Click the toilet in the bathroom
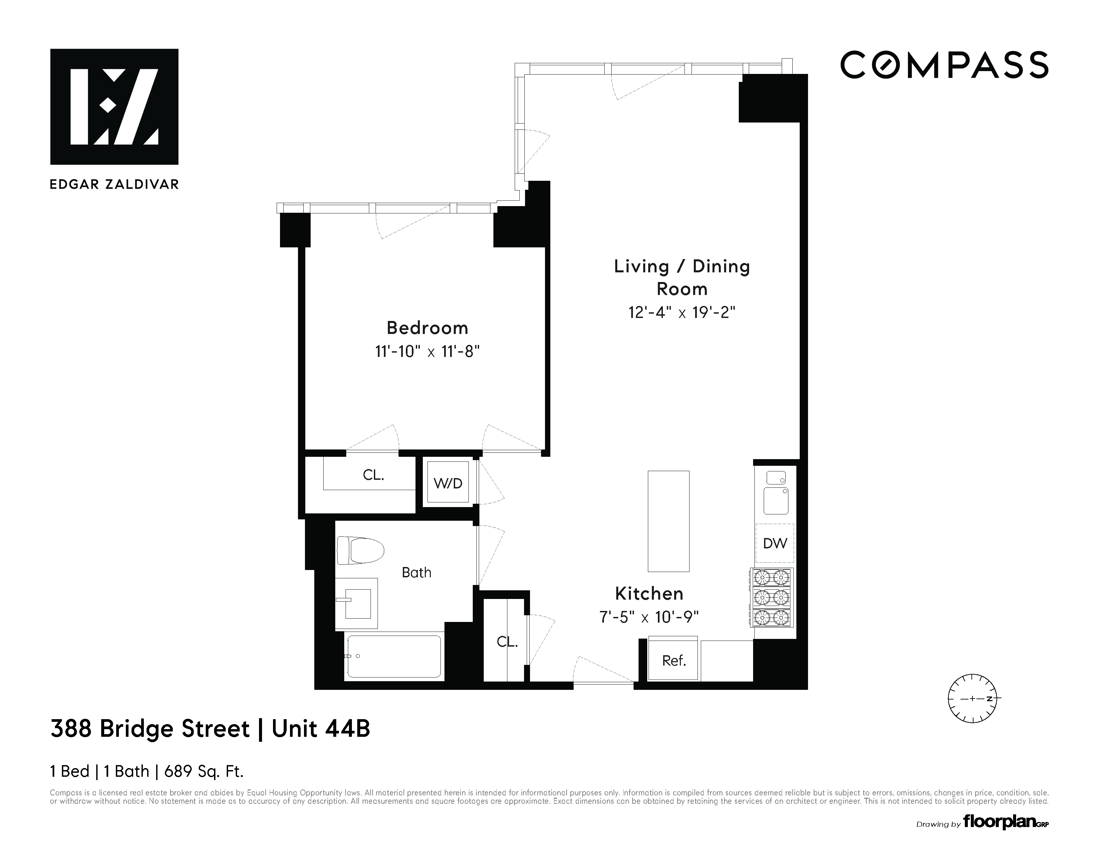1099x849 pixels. click(x=360, y=550)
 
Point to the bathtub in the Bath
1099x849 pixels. click(x=394, y=656)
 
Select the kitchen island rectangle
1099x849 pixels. click(x=668, y=521)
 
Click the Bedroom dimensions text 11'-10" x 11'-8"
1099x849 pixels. click(x=427, y=351)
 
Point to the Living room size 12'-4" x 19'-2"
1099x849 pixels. click(x=682, y=313)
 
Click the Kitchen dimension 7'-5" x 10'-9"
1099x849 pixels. click(x=649, y=617)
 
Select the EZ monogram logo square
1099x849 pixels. click(x=114, y=107)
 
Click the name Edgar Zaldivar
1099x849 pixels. click(x=114, y=184)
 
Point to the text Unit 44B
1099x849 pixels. click(x=321, y=729)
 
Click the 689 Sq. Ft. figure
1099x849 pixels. click(x=204, y=771)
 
